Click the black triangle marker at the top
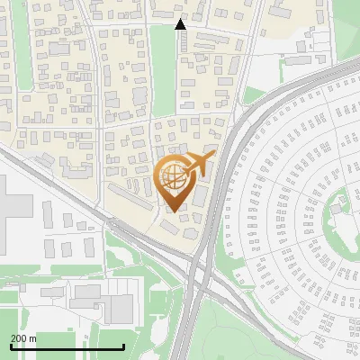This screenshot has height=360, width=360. click(x=180, y=24)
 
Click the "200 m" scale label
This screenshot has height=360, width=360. click(x=23, y=337)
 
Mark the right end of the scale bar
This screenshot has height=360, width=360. click(x=123, y=346)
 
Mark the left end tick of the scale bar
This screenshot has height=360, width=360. click(x=10, y=346)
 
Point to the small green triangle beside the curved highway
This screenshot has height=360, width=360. click(x=253, y=94)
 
